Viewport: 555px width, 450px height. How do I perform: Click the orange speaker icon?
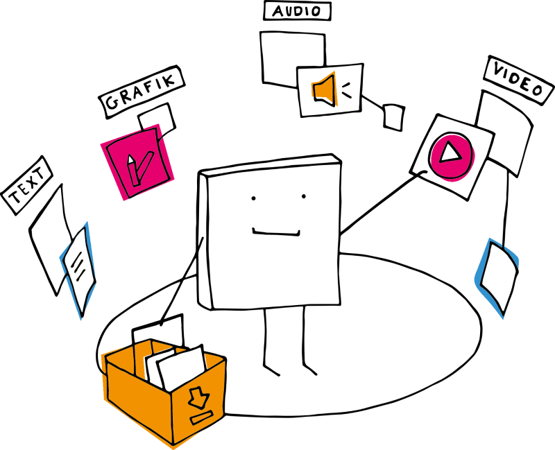325,89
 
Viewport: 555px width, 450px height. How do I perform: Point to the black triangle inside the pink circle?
450,152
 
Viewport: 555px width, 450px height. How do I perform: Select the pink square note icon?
137,162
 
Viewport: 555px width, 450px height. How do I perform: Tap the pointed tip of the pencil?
129,157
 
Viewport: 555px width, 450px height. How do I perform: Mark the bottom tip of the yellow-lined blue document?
81,318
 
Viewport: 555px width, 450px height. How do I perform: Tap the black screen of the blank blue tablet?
499,276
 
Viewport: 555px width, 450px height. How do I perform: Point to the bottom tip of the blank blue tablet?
503,318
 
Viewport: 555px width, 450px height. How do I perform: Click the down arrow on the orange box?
199,397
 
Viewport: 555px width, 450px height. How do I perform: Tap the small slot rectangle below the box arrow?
201,417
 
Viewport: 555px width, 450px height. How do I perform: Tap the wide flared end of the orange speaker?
333,89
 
